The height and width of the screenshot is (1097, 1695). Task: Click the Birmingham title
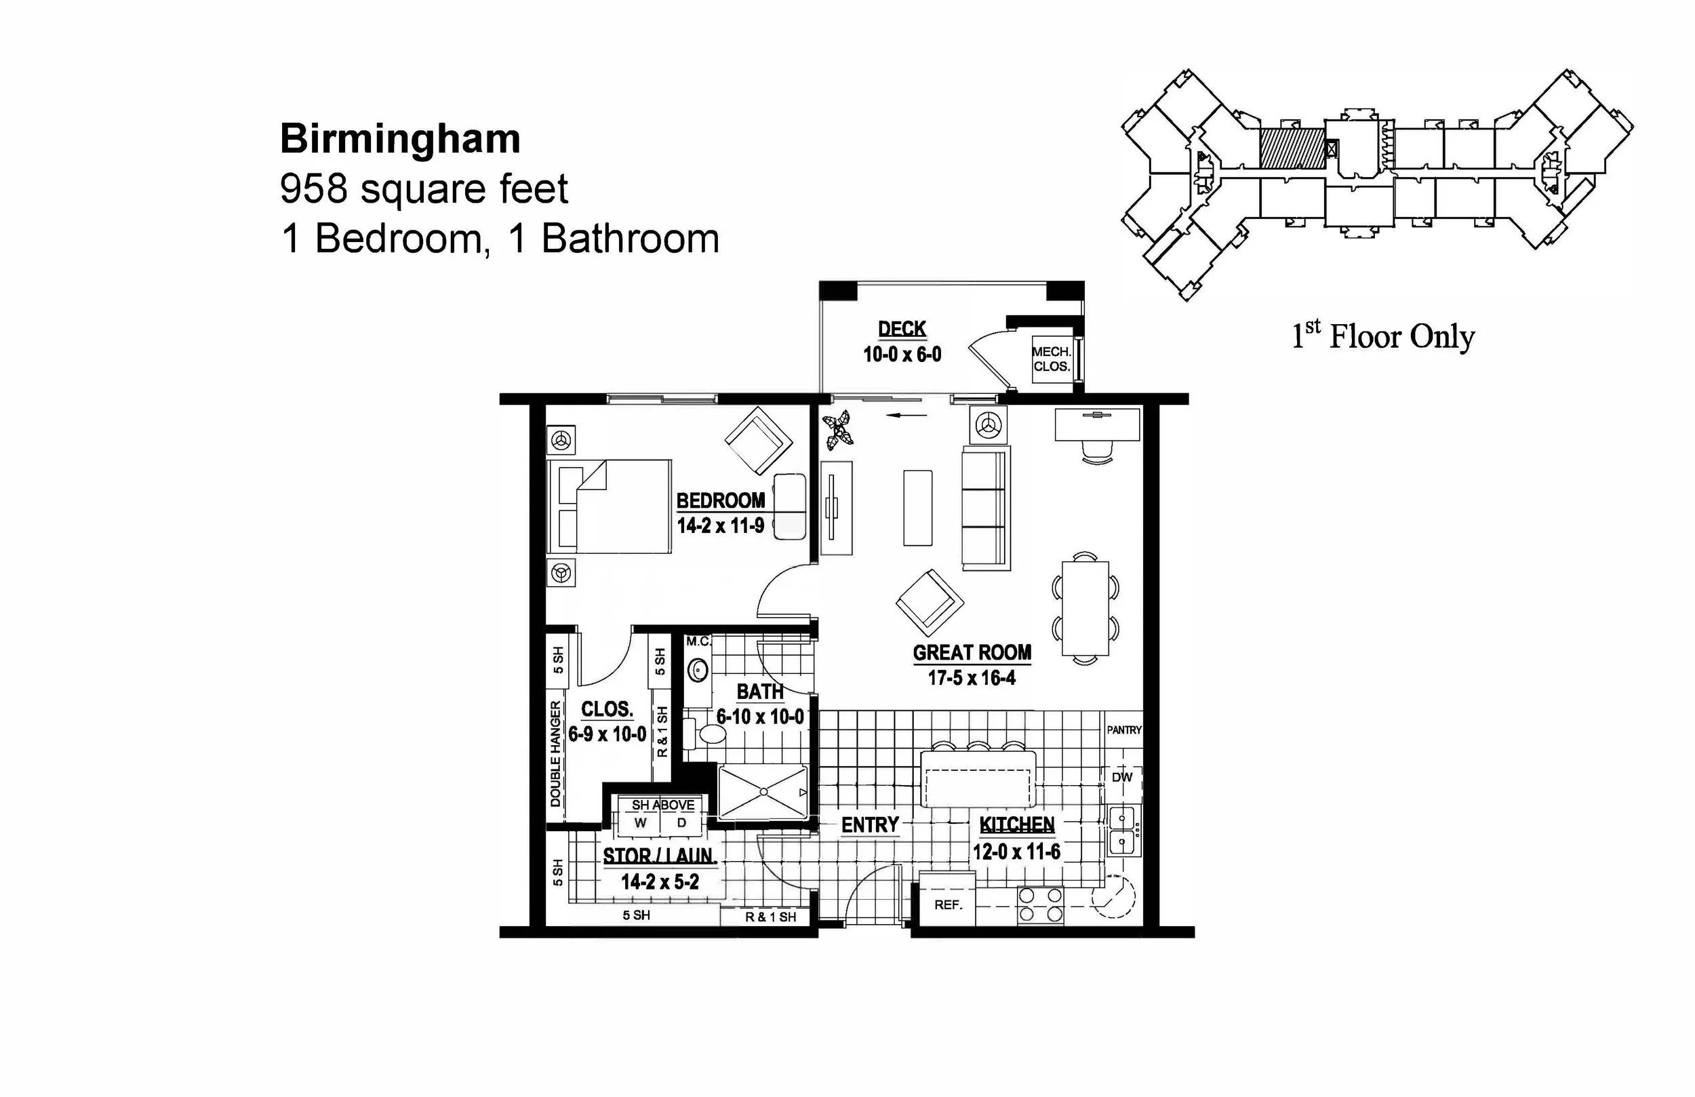(x=399, y=139)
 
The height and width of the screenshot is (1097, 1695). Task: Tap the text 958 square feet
(x=424, y=188)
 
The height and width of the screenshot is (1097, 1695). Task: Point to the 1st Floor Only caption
(x=1382, y=336)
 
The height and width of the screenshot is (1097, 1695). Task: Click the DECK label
(x=902, y=329)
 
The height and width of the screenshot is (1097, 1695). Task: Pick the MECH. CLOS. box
(x=1052, y=360)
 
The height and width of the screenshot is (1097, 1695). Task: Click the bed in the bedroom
(x=609, y=506)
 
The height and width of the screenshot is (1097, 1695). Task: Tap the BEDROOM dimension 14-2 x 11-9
(x=720, y=526)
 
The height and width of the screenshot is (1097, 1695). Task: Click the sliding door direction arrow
(x=906, y=416)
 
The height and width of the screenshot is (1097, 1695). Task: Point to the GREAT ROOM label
(x=972, y=653)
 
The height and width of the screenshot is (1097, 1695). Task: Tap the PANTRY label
(x=1124, y=730)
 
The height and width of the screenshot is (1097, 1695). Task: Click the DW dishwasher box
(x=1122, y=778)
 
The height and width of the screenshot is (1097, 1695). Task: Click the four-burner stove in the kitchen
(x=1041, y=905)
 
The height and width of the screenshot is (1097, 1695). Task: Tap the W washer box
(x=640, y=824)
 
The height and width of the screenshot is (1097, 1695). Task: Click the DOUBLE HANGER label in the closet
(x=555, y=754)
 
